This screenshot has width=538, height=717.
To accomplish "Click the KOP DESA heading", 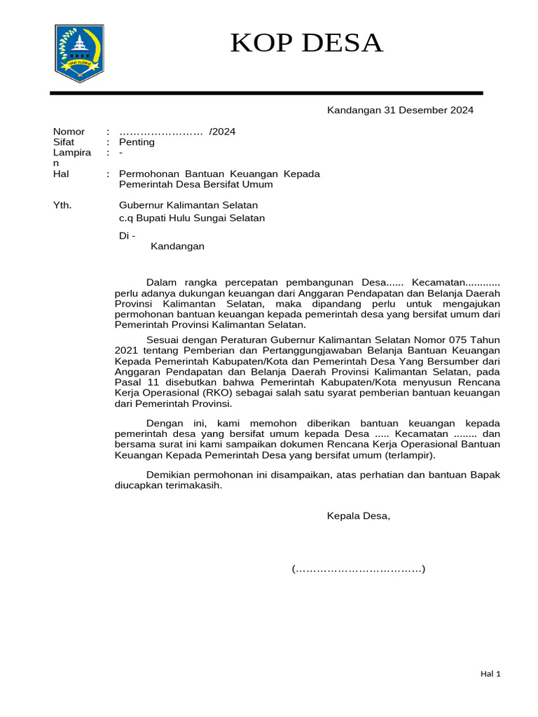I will (307, 43).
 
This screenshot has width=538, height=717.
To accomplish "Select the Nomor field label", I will (69, 132).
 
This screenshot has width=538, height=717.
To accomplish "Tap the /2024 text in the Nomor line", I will (223, 132).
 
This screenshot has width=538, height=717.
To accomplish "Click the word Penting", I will (137, 142).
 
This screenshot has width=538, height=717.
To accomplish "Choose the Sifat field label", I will (64, 142).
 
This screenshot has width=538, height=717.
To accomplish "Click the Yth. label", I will (62, 205).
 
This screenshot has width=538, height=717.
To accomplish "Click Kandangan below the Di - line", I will (177, 246).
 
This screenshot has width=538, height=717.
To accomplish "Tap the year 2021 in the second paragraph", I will (127, 349).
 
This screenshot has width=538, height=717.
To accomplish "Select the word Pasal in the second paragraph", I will (130, 382).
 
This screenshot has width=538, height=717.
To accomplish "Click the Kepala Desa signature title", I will (358, 516).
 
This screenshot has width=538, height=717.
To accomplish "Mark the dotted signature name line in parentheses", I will (358, 569).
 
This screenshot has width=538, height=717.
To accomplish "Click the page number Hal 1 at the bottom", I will (490, 674).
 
